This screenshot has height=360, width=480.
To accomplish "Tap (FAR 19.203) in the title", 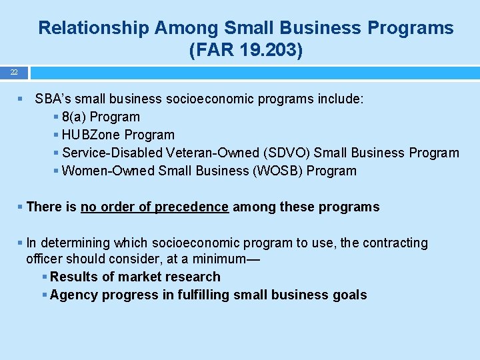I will click(246, 50).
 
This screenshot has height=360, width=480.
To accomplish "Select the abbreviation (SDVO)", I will click(289, 153).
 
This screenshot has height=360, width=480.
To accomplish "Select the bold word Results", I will click(73, 277).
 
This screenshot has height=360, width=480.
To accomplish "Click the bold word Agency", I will click(73, 295).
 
